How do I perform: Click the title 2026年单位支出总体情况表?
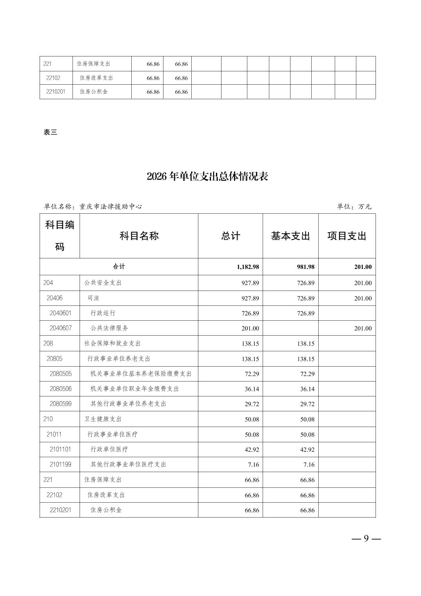click(207, 176)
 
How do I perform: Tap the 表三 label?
click(50, 133)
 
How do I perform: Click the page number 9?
click(366, 538)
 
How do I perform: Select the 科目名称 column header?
click(139, 236)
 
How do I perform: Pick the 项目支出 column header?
click(347, 236)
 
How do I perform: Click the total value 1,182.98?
click(248, 267)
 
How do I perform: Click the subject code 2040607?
click(61, 328)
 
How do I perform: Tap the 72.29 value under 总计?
click(252, 374)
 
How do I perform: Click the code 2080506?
click(61, 389)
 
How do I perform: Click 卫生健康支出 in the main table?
click(103, 419)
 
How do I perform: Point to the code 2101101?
click(60, 449)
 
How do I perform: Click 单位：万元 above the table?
click(354, 207)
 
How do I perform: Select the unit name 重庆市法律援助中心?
click(111, 207)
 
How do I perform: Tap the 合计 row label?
click(119, 267)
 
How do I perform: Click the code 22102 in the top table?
click(53, 78)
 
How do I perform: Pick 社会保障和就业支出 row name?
click(113, 343)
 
